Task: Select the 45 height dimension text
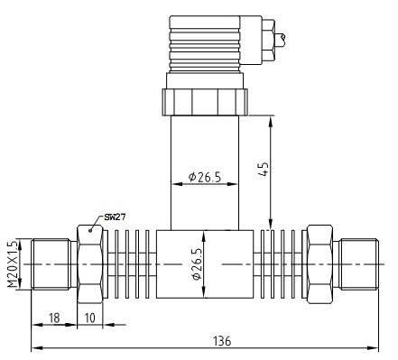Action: click(263, 170)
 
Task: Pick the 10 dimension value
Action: click(90, 318)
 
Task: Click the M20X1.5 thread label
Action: click(13, 263)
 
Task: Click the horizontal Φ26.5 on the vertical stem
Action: click(205, 176)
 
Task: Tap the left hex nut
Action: click(91, 263)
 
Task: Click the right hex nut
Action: click(319, 263)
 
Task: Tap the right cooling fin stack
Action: click(280, 263)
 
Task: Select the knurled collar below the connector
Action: click(205, 100)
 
